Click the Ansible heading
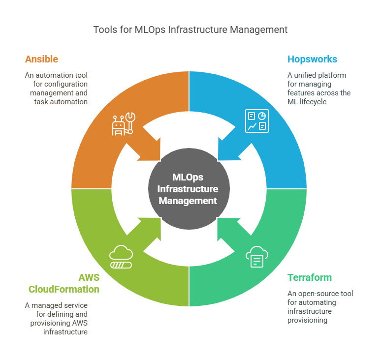41,60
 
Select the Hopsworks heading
312,60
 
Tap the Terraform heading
310,277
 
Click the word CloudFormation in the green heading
64,289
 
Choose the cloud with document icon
256,257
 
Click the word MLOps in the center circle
188,178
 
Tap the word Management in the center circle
188,201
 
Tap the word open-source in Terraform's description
313,294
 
